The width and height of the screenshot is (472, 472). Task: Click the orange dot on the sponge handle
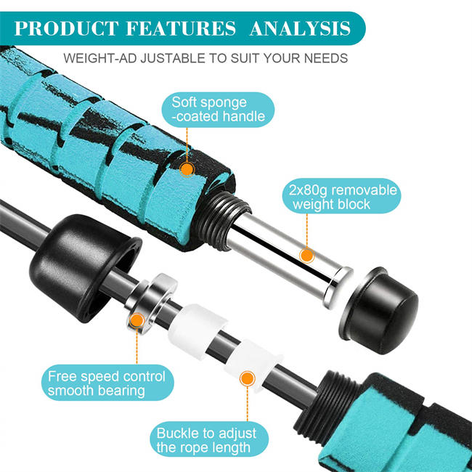[187, 169]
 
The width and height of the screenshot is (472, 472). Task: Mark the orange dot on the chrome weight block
[307, 255]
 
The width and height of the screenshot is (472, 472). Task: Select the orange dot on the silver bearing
[135, 319]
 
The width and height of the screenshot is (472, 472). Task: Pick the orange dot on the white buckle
[247, 378]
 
